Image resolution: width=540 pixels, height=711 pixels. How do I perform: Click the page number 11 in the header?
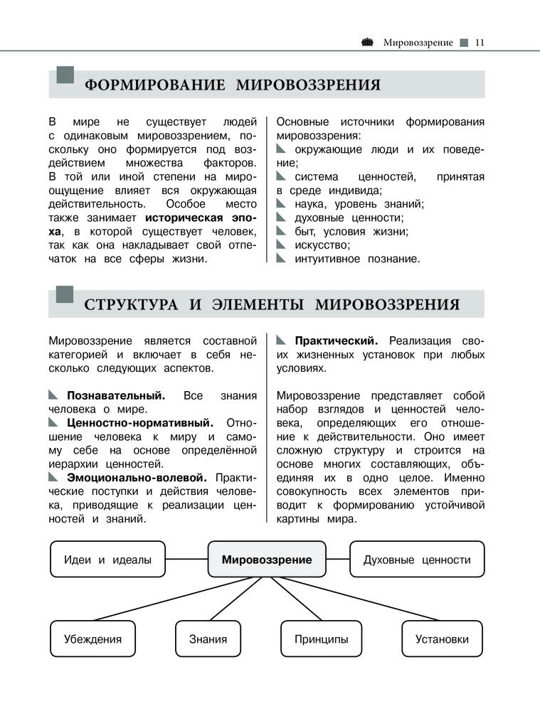pos(479,43)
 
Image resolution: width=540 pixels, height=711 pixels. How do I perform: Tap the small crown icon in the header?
pos(367,42)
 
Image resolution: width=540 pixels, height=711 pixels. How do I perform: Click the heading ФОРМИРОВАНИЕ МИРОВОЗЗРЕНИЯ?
pos(233,86)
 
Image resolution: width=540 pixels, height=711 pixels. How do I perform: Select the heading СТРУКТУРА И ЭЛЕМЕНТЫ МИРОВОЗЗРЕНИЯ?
pos(272,305)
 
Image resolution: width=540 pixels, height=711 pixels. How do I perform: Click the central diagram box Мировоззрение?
pos(267,560)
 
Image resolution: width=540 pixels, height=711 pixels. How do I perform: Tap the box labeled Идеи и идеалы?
pos(107,560)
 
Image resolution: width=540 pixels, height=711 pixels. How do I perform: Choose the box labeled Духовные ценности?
pos(417,560)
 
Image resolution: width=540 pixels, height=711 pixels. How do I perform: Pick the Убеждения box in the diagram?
pos(92,638)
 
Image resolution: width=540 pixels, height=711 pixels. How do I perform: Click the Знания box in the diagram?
pos(208,638)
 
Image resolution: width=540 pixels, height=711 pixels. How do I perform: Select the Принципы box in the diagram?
pos(322,638)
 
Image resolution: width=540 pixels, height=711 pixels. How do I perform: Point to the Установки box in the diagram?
pos(442,638)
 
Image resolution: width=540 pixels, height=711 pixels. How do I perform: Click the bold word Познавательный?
pos(116,395)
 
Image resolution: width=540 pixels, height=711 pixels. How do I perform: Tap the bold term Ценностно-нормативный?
pos(139,422)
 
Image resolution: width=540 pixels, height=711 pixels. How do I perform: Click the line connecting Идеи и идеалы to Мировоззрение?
pos(186,560)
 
